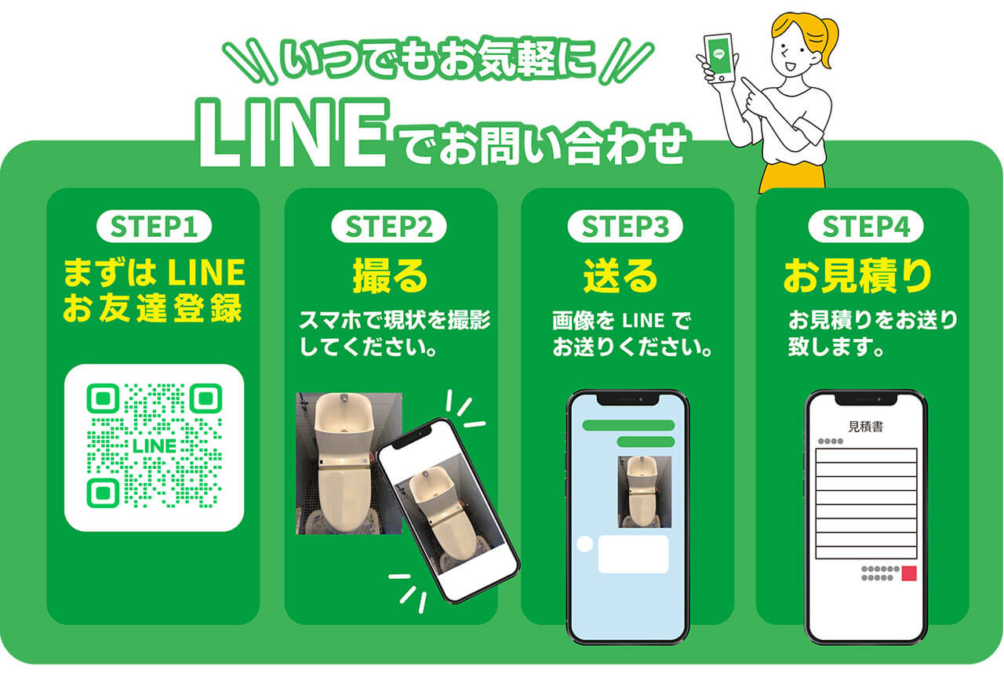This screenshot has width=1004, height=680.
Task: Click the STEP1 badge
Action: click(x=154, y=227)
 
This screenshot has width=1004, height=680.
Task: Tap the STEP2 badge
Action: click(x=389, y=227)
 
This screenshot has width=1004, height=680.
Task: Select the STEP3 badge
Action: click(x=625, y=227)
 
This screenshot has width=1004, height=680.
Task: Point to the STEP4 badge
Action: click(x=866, y=227)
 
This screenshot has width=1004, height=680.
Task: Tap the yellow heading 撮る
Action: click(x=390, y=275)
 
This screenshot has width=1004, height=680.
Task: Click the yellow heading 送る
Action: click(x=620, y=275)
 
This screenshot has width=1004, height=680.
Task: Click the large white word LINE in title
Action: click(x=292, y=135)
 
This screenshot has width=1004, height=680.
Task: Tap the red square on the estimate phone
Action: click(x=909, y=573)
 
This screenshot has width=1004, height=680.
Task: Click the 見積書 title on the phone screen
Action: click(x=864, y=427)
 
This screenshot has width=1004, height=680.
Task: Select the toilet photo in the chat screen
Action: click(x=644, y=492)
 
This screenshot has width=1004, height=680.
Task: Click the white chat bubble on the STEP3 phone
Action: click(x=633, y=554)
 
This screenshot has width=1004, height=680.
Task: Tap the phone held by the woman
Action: click(x=719, y=59)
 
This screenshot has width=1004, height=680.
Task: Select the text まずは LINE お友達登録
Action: click(x=154, y=290)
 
